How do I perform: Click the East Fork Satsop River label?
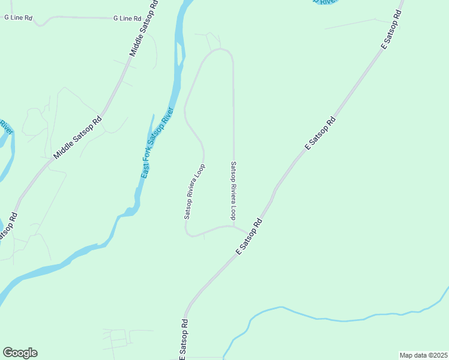157,142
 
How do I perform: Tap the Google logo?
20,353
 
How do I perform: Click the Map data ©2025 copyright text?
423,355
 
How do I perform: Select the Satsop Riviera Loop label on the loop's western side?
194,191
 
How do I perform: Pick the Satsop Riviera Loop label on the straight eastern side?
234,190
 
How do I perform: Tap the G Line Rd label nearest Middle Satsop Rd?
127,19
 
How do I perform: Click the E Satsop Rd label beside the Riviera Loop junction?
250,237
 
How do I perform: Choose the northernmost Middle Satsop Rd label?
145,29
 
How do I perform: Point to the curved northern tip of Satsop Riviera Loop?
220,50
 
